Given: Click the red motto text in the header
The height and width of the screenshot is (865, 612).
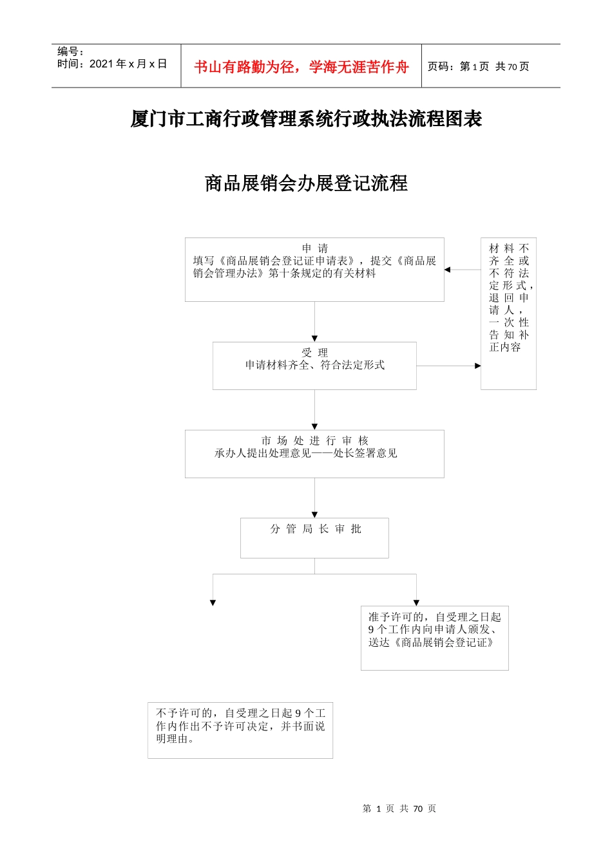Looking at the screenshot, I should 301,67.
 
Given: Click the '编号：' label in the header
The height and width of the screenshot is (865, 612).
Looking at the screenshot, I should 71,51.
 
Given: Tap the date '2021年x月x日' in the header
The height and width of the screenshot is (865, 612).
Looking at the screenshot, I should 128,64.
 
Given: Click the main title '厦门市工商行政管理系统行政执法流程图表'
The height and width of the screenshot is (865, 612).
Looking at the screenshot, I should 306,119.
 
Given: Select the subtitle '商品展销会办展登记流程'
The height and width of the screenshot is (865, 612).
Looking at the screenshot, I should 306,183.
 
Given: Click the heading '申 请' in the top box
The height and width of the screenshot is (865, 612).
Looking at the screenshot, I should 315,248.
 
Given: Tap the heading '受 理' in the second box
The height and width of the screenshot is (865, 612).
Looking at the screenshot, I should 315,353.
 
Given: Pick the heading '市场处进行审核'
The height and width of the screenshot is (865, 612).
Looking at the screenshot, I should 315,441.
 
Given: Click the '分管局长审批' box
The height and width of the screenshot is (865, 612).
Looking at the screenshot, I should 315,537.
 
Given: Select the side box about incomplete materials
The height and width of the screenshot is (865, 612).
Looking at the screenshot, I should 508,313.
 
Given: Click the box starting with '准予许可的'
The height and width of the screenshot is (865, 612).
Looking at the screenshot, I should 434,637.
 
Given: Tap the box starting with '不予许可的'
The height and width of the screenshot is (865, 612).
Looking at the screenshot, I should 240,730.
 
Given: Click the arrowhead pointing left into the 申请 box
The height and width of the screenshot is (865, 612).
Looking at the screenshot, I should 448,270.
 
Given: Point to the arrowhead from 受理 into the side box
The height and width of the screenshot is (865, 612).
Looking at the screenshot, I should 477,366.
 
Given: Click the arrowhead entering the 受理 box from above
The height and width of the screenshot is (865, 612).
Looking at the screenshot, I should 315,339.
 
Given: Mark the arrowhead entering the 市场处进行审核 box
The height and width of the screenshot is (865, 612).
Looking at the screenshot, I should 315,427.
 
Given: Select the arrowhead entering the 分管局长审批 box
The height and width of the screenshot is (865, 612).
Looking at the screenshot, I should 315,515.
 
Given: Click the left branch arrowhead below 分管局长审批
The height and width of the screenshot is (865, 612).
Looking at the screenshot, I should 213,603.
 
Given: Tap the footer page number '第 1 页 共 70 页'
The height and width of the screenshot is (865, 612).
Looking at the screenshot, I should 399,808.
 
